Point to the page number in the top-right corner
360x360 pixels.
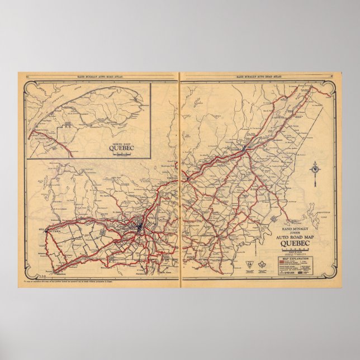pos(331,74)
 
